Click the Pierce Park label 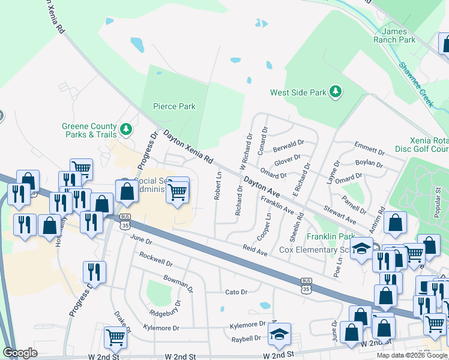[x=174, y=106]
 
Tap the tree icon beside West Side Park [x=336, y=92]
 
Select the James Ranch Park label [x=398, y=35]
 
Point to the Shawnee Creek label [x=418, y=87]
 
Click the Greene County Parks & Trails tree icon [x=126, y=127]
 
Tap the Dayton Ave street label [x=262, y=187]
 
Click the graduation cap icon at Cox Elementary [x=361, y=248]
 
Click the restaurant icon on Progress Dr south [x=95, y=271]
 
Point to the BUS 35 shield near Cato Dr [x=306, y=285]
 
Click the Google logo [x=20, y=352]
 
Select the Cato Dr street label [x=236, y=292]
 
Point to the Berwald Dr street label [x=288, y=146]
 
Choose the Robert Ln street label [x=218, y=186]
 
